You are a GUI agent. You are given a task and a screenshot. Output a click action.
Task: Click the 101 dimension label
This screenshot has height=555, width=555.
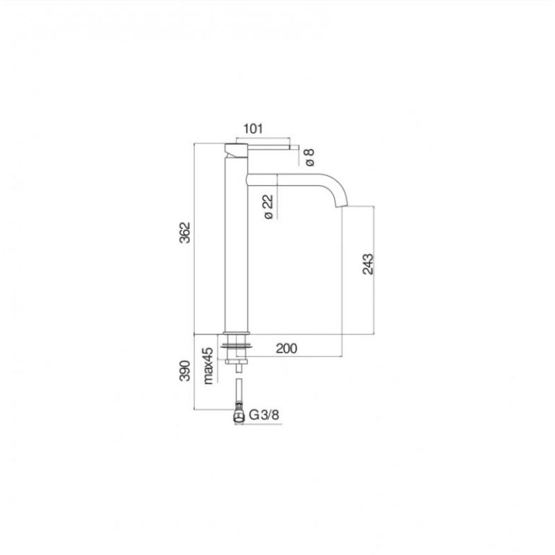click(x=253, y=128)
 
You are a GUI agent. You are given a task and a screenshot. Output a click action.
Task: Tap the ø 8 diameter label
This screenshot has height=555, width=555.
click(x=309, y=157)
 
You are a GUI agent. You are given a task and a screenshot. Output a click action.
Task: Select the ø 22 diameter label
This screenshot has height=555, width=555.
click(x=268, y=207)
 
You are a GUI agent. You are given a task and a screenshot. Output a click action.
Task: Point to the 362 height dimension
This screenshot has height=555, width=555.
click(x=185, y=232)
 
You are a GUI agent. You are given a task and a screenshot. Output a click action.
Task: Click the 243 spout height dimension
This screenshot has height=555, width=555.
click(x=368, y=264)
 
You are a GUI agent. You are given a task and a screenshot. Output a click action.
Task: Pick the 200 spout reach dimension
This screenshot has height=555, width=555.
click(x=287, y=349)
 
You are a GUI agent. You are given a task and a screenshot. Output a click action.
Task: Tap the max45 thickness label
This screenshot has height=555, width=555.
click(x=208, y=366)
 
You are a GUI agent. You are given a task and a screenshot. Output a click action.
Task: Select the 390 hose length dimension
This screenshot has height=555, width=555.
click(x=185, y=370)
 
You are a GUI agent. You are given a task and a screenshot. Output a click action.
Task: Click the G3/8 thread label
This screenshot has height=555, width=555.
click(x=264, y=414)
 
